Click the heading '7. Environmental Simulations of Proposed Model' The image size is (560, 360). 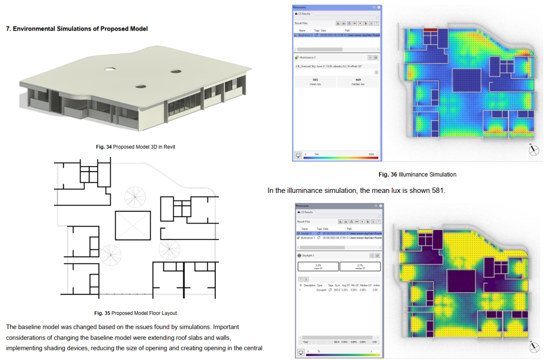pos(77,28)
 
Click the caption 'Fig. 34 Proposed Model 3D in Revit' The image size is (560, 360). pos(135,147)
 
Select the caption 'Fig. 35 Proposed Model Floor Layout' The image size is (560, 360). pos(135,313)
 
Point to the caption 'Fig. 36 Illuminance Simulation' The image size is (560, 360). pos(417,174)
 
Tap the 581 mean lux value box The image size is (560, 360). pos(315,81)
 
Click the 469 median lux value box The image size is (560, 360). pos(358,81)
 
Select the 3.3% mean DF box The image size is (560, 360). pos(318,266)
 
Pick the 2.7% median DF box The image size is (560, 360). pos(360,266)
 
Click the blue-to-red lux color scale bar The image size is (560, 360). pos(341,157)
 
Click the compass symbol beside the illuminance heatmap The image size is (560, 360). pos(534,150)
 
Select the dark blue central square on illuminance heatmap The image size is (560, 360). pos(467,81)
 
